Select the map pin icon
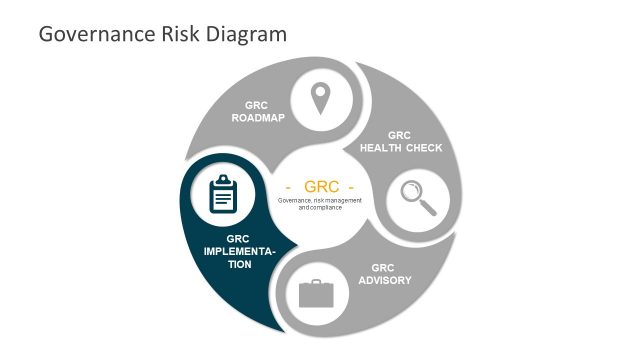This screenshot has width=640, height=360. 319,99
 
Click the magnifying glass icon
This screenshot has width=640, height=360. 418,197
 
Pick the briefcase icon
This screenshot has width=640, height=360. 316,294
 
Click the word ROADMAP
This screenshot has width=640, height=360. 258,118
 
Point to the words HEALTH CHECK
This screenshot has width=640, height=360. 400,148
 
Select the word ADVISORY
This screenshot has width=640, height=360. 385,280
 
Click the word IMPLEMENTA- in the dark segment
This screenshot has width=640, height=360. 239,251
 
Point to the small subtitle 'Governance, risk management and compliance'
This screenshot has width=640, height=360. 320,204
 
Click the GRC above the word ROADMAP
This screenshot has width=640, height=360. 258,105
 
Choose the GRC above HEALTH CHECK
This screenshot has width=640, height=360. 399,135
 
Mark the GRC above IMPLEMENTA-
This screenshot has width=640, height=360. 238,238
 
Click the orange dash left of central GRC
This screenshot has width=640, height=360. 289,187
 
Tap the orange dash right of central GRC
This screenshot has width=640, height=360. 351,187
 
